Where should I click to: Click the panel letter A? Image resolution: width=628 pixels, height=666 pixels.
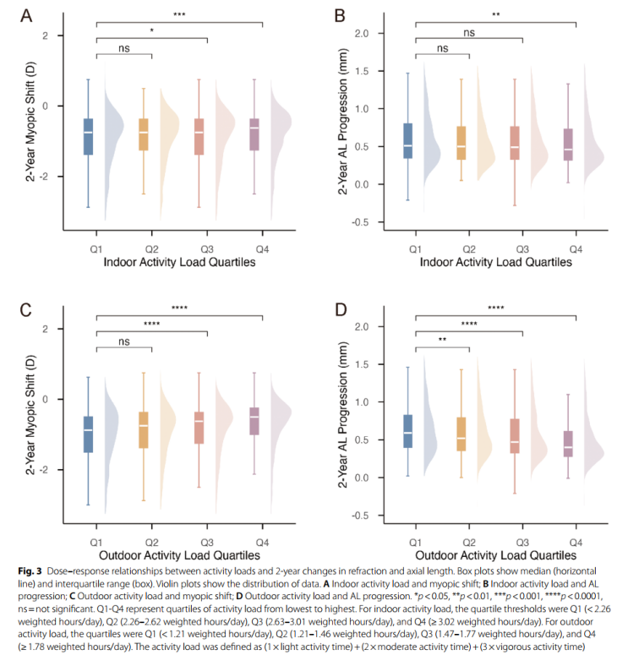click(x=26, y=16)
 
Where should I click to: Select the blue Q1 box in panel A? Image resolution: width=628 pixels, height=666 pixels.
click(x=88, y=136)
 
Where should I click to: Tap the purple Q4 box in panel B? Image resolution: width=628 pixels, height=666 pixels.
click(x=567, y=145)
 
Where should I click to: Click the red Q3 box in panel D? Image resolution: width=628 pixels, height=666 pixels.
click(x=515, y=436)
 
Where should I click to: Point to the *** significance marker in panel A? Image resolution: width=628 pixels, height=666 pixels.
click(x=179, y=14)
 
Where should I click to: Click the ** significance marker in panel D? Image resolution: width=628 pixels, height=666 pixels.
click(x=442, y=341)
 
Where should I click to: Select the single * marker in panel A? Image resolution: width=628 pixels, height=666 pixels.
click(x=151, y=31)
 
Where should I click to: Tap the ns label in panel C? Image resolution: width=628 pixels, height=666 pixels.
click(x=124, y=341)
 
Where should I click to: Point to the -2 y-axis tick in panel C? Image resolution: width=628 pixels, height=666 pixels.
click(x=60, y=469)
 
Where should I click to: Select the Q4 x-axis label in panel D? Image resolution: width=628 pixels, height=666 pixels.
click(x=575, y=540)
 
